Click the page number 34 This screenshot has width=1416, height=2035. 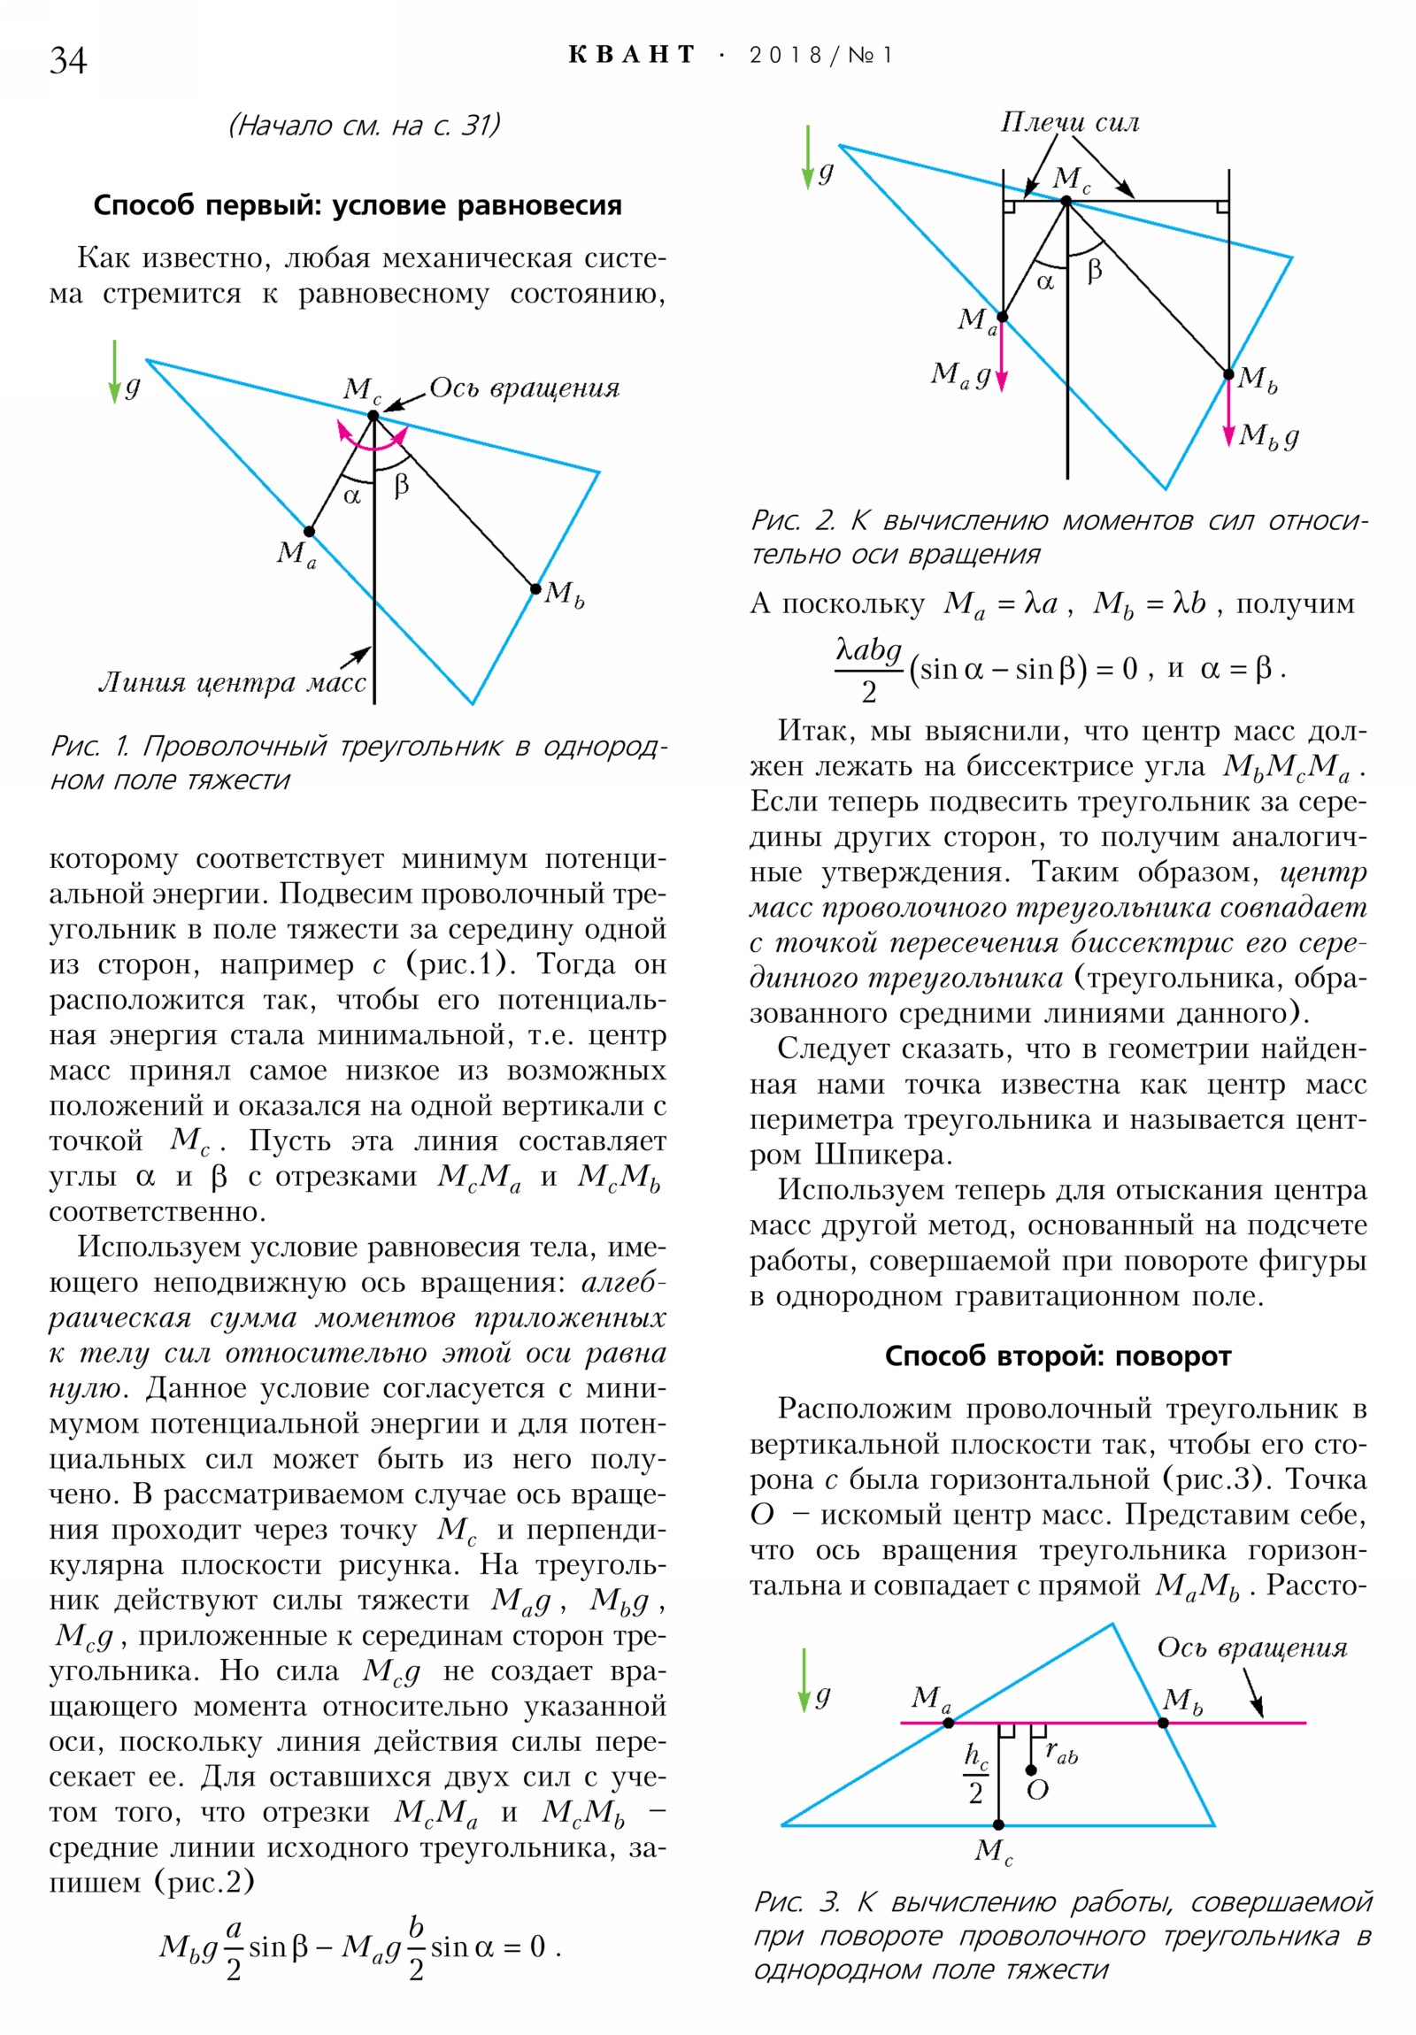point(68,60)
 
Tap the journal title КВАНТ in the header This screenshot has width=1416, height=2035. point(631,55)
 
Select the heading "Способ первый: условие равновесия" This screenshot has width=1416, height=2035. point(358,205)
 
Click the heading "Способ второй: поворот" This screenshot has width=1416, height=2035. point(1058,1356)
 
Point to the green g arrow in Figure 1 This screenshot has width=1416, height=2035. point(114,372)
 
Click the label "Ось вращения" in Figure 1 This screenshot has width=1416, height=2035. point(524,388)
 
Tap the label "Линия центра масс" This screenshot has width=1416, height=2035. point(231,683)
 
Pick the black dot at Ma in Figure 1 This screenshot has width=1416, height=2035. point(310,532)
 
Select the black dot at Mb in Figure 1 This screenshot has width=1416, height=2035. point(535,588)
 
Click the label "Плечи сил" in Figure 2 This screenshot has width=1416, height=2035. point(1070,122)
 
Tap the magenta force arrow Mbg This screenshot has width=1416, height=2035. point(1229,412)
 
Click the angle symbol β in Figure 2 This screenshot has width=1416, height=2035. point(1094,270)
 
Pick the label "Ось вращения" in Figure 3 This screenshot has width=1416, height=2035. point(1251,1648)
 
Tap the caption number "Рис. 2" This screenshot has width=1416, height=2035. point(793,520)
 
